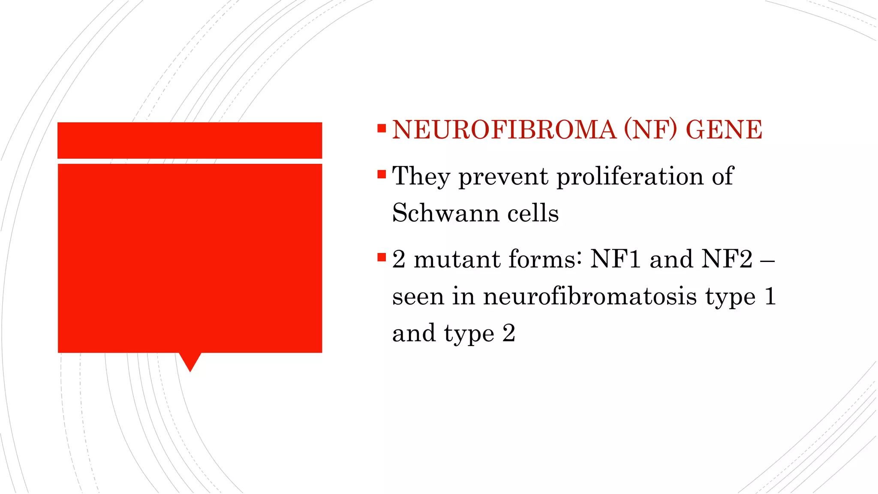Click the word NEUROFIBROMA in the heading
point(504,130)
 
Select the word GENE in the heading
point(724,130)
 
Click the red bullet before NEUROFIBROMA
point(382,128)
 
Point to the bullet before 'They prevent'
point(382,175)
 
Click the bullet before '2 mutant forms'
point(382,257)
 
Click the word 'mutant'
point(457,259)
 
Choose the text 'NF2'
point(727,259)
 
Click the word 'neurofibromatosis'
point(590,296)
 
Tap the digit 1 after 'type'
point(770,296)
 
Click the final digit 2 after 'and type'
point(508,333)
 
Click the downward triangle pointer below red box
point(190,361)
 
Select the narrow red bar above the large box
point(189,140)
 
